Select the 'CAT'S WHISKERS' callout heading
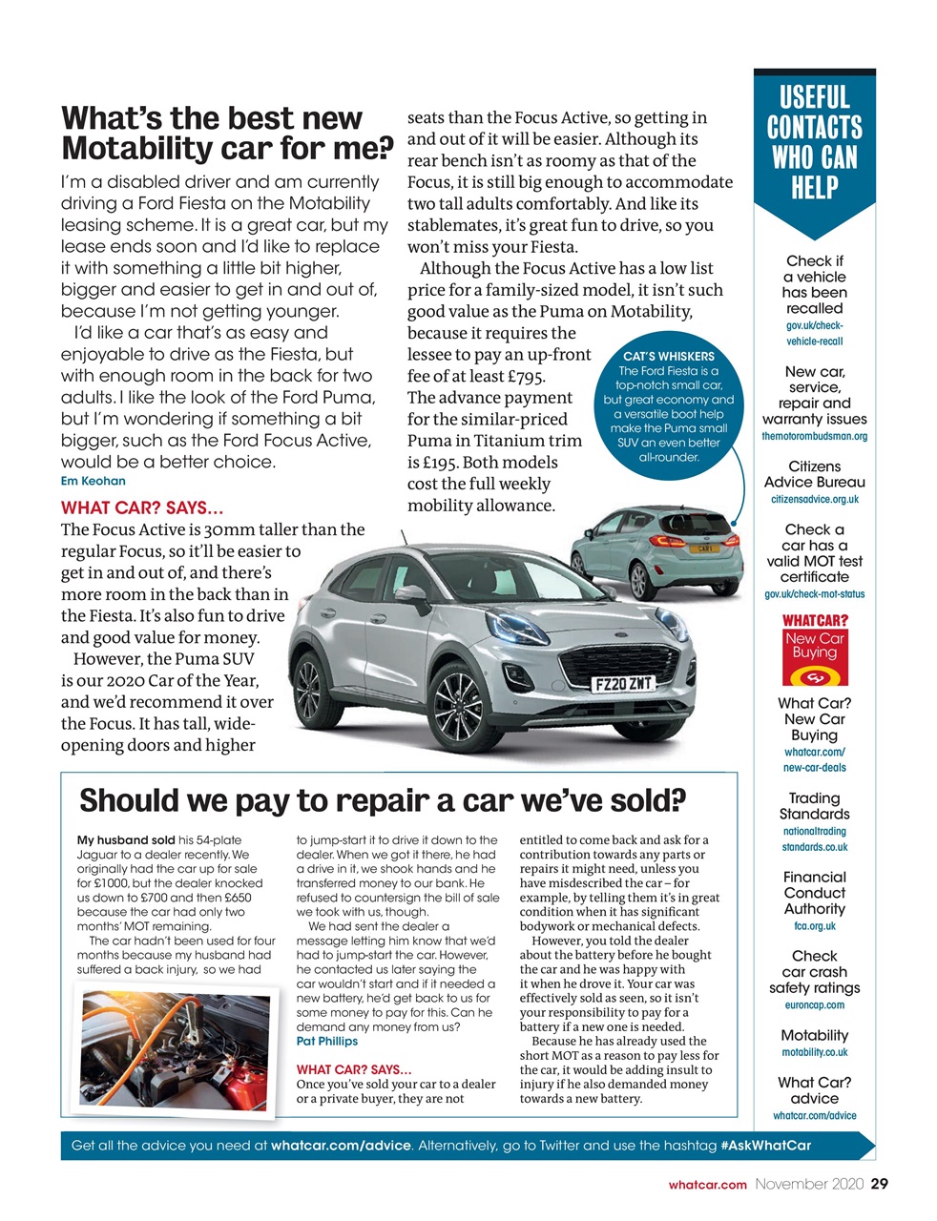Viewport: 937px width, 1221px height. tap(669, 356)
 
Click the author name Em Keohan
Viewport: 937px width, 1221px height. tap(93, 481)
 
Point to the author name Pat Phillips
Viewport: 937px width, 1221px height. tap(327, 1041)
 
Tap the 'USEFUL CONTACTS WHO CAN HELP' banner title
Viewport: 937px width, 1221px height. tap(814, 141)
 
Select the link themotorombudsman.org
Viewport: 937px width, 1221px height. tap(814, 436)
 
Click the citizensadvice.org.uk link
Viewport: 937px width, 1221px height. tap(814, 499)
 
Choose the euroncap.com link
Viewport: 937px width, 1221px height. tap(814, 1004)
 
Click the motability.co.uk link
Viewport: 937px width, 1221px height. tap(814, 1052)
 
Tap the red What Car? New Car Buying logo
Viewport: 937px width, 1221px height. tap(815, 652)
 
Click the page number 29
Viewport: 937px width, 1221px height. tap(879, 1184)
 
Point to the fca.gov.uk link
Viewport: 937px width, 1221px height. tap(814, 925)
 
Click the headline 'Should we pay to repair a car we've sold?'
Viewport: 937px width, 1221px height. tap(383, 799)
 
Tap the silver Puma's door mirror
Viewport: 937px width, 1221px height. tap(411, 595)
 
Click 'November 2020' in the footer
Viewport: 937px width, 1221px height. tap(809, 1184)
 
